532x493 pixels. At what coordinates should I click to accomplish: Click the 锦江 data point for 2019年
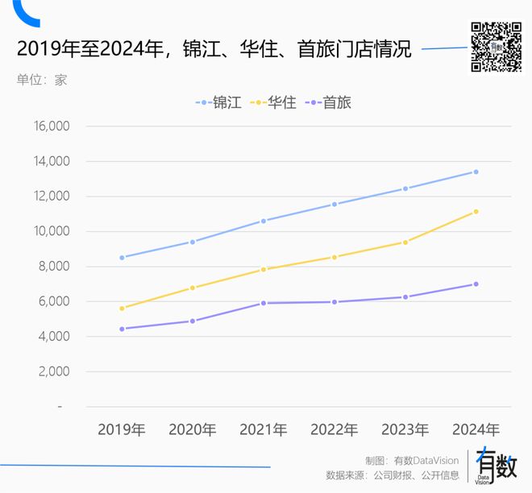tap(122, 258)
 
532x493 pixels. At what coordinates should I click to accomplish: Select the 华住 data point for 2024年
tap(476, 212)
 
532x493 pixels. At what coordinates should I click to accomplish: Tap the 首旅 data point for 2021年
tap(264, 303)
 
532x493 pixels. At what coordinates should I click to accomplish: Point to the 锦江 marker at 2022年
tap(335, 205)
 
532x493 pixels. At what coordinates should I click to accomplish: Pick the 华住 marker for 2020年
tap(193, 288)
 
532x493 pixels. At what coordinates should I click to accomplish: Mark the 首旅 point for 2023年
tap(405, 297)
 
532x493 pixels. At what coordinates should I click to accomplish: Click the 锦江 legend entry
tap(218, 103)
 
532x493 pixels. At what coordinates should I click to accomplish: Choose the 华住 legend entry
tap(274, 103)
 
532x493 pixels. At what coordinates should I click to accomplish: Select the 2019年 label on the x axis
tap(122, 429)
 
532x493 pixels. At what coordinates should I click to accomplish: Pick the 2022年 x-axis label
tap(335, 429)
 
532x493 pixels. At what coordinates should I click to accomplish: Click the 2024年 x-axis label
tap(476, 429)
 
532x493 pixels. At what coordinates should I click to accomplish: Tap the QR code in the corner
tap(496, 48)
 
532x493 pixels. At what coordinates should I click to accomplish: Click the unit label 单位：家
tap(41, 80)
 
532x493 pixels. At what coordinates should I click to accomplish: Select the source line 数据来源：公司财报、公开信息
tap(392, 475)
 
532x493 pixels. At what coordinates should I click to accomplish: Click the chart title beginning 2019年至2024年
tap(214, 50)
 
